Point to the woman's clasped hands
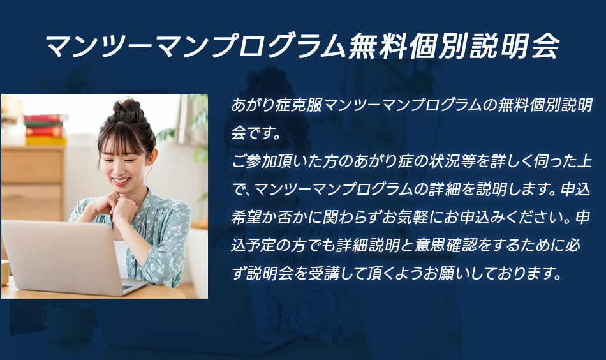coord(116,207)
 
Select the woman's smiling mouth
coord(121,181)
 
